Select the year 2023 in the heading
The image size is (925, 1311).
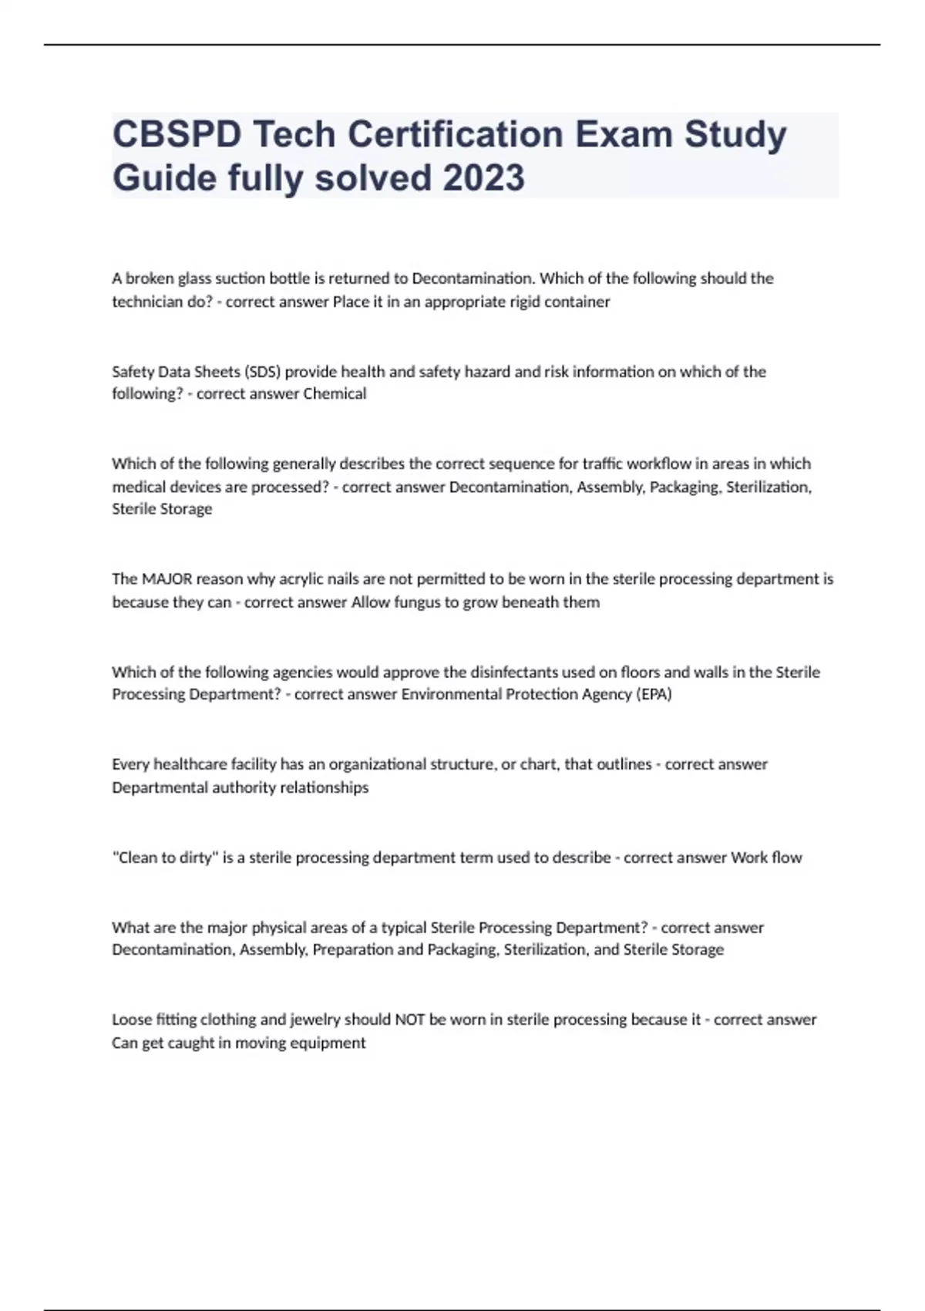pyautogui.click(x=484, y=178)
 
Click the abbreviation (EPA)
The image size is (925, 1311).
pyautogui.click(x=654, y=694)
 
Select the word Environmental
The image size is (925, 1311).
pyautogui.click(x=451, y=694)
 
